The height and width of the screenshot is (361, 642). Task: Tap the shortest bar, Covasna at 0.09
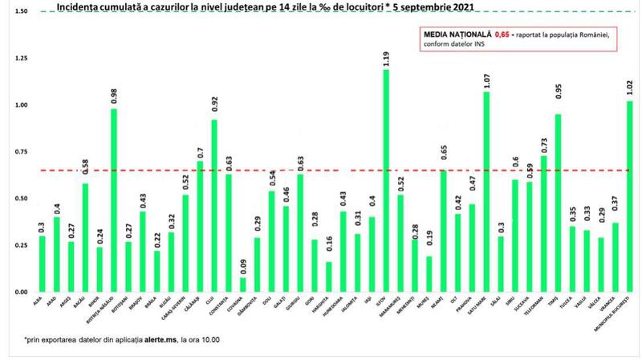coord(242,284)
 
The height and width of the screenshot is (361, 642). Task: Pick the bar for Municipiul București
coord(628,196)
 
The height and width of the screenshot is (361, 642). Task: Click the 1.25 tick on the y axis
coord(21,59)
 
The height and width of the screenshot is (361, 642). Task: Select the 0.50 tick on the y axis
coord(21,199)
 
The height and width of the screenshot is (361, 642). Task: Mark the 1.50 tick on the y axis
coord(21,12)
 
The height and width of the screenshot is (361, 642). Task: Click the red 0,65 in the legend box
coord(502,35)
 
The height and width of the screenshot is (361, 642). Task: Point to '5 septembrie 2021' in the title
coord(430,7)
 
